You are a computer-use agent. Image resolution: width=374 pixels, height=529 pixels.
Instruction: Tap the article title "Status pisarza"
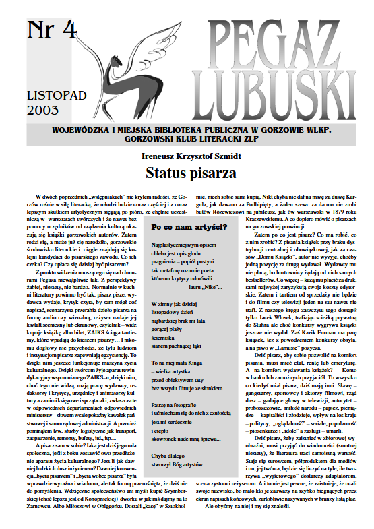click(190, 173)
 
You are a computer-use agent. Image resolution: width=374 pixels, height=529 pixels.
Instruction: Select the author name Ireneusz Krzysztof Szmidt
click(191, 155)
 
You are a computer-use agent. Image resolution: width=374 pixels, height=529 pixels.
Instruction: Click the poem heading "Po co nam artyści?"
click(189, 228)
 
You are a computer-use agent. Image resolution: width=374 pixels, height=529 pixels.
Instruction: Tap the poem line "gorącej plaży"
click(172, 334)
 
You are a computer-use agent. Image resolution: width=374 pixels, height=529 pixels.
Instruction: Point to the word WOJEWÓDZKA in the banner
click(90, 129)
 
